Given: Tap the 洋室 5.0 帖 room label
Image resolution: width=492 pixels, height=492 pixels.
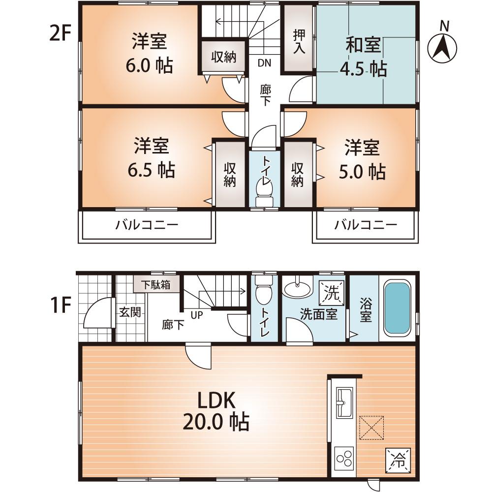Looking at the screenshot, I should point(362,159).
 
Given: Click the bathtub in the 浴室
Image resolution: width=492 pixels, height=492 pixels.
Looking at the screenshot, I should point(397,307).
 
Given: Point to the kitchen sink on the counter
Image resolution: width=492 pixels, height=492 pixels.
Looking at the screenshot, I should point(344,401).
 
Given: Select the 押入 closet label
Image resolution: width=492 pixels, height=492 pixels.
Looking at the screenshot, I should point(299,41).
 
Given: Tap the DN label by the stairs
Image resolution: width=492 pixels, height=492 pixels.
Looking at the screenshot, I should point(264,62).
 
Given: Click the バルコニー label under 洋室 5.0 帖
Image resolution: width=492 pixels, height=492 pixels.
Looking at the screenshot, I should point(366,225).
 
